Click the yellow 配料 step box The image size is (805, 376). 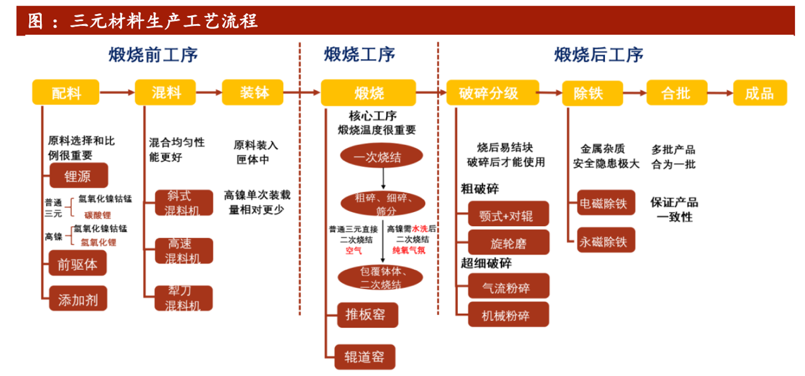pyautogui.click(x=66, y=93)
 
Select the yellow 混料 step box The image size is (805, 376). pyautogui.click(x=166, y=93)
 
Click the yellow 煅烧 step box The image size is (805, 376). pyautogui.click(x=368, y=93)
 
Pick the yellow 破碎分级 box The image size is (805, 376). pyautogui.click(x=493, y=93)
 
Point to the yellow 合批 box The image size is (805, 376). pyautogui.click(x=676, y=93)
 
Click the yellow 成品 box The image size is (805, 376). pyautogui.click(x=759, y=93)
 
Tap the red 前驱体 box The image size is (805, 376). pyautogui.click(x=77, y=264)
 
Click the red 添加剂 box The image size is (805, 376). pyautogui.click(x=77, y=298)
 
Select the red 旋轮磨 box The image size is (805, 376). pyautogui.click(x=508, y=243)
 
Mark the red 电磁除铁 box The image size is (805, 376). pyautogui.click(x=605, y=203)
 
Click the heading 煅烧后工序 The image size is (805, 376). pyautogui.click(x=599, y=55)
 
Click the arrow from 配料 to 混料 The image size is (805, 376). pyautogui.click(x=117, y=93)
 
